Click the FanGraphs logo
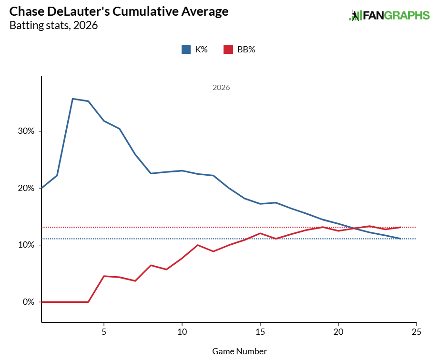click(389, 15)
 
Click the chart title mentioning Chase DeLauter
click(119, 11)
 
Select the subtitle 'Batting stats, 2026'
click(53, 25)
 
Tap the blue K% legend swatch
click(186, 49)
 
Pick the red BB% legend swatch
click(228, 49)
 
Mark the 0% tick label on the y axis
click(26, 302)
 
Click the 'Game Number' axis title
click(239, 351)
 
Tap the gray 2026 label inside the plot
click(221, 88)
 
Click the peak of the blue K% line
click(72, 99)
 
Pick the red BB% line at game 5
click(104, 276)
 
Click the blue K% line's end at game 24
click(401, 239)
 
